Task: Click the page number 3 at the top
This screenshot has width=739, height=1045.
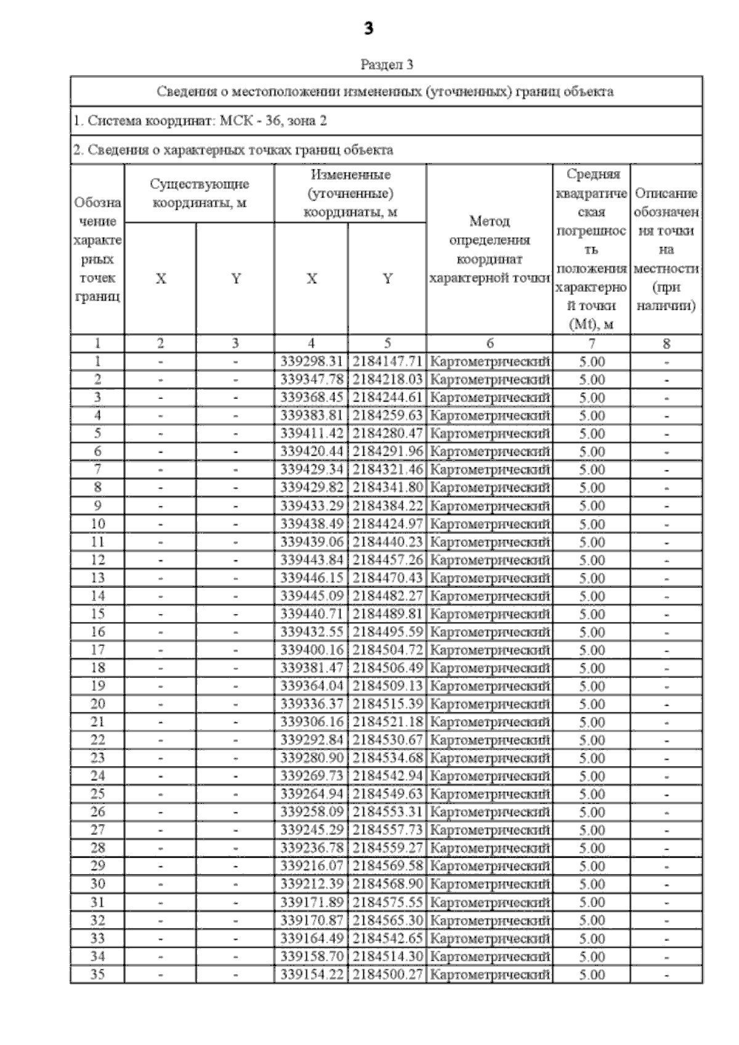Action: point(369,28)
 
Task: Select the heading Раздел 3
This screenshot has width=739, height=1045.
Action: point(386,64)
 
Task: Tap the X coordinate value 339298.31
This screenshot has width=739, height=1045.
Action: point(311,361)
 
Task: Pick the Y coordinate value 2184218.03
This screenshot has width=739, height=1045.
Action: point(387,379)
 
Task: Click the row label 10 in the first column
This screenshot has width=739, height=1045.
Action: point(97,523)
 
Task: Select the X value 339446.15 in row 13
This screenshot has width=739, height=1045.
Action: point(311,578)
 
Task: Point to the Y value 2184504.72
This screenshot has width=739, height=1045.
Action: point(387,650)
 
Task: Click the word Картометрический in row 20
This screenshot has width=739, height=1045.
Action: point(490,704)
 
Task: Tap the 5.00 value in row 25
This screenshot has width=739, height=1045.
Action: point(592,794)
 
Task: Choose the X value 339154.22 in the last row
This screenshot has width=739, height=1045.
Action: point(311,974)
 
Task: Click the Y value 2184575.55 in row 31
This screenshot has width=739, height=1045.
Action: point(387,902)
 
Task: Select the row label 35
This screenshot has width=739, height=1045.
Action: point(97,974)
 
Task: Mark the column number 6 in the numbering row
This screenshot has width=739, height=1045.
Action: point(490,344)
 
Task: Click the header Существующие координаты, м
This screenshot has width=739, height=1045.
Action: point(200,193)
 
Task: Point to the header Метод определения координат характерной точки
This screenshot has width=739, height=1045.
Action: point(490,249)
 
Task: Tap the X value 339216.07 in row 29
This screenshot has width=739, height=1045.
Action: point(311,866)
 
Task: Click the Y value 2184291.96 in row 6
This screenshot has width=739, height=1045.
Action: point(387,451)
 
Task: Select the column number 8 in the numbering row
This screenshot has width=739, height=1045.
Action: point(666,344)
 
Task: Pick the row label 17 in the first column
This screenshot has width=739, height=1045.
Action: point(97,650)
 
